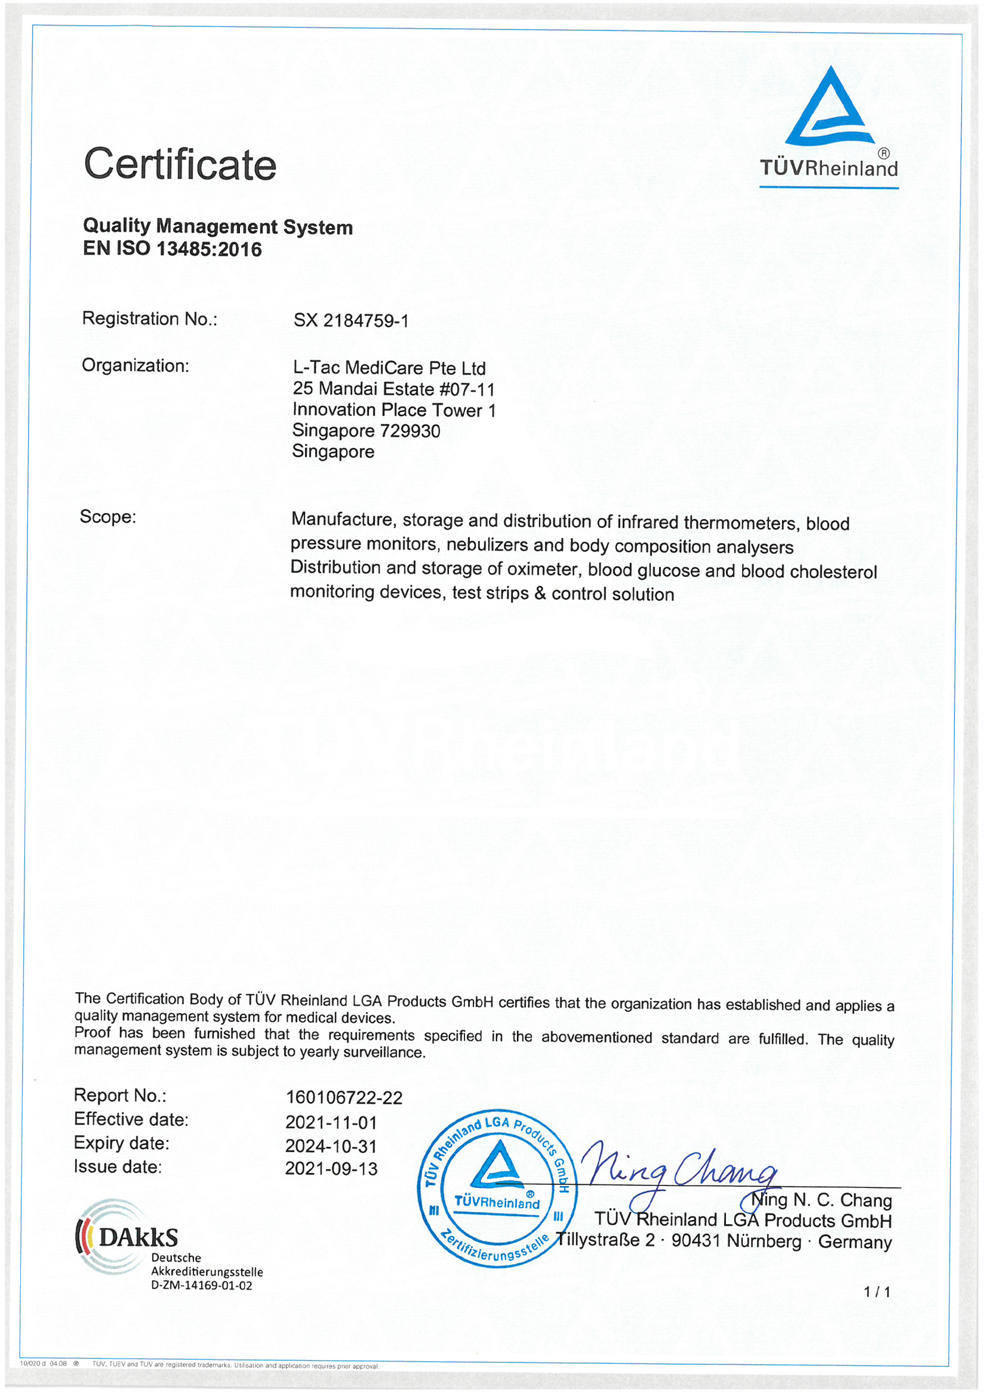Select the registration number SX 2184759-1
click(x=351, y=320)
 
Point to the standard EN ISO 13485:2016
click(x=172, y=249)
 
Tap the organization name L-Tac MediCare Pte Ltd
click(x=389, y=368)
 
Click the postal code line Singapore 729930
click(x=366, y=430)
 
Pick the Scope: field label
click(x=108, y=517)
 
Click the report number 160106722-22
click(x=344, y=1097)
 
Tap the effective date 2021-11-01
click(x=331, y=1122)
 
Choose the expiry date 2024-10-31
click(x=331, y=1146)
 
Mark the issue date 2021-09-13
click(x=331, y=1168)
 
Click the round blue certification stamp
click(x=497, y=1189)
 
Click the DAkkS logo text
click(x=138, y=1237)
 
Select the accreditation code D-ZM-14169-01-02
click(x=201, y=1285)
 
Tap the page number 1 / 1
click(x=877, y=1292)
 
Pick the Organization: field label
click(x=135, y=365)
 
